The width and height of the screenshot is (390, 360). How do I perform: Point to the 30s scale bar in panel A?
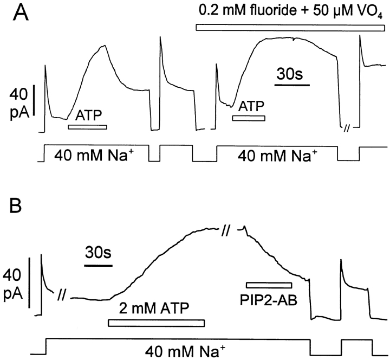(x=291, y=85)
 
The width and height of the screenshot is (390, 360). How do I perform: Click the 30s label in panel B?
(x=99, y=253)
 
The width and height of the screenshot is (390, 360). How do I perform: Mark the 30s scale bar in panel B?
(x=99, y=265)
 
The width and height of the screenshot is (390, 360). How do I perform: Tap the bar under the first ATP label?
(x=87, y=127)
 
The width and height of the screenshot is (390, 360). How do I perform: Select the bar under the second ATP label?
(x=249, y=118)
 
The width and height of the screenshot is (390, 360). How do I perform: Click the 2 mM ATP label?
(x=154, y=310)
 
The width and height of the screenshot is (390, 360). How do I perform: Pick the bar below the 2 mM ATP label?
(x=157, y=323)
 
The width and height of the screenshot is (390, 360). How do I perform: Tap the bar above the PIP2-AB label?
(x=269, y=285)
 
